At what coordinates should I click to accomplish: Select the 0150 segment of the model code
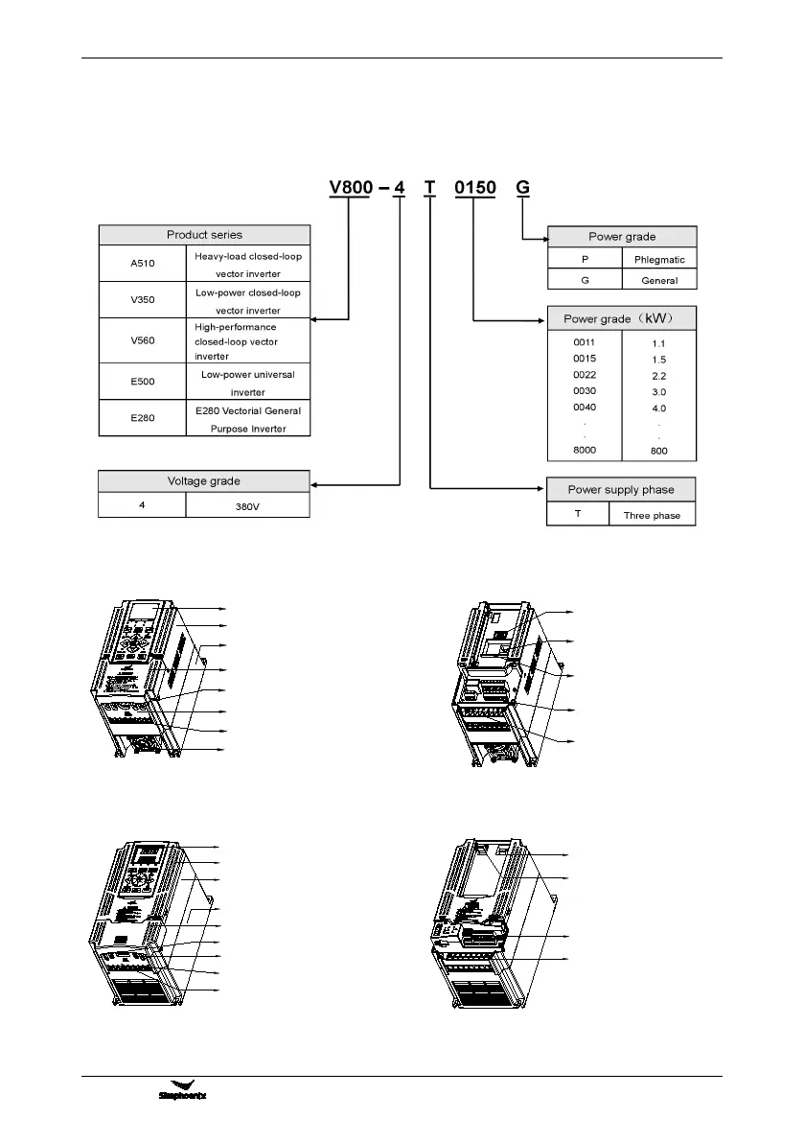[x=475, y=187]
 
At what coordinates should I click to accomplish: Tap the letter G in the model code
[x=522, y=187]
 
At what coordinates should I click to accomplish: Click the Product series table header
[x=204, y=235]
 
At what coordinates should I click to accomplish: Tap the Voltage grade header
[x=204, y=481]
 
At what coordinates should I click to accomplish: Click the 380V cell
[x=247, y=505]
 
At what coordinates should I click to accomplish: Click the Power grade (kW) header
[x=621, y=318]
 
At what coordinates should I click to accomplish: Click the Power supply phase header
[x=620, y=489]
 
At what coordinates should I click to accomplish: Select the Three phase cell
[x=652, y=515]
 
